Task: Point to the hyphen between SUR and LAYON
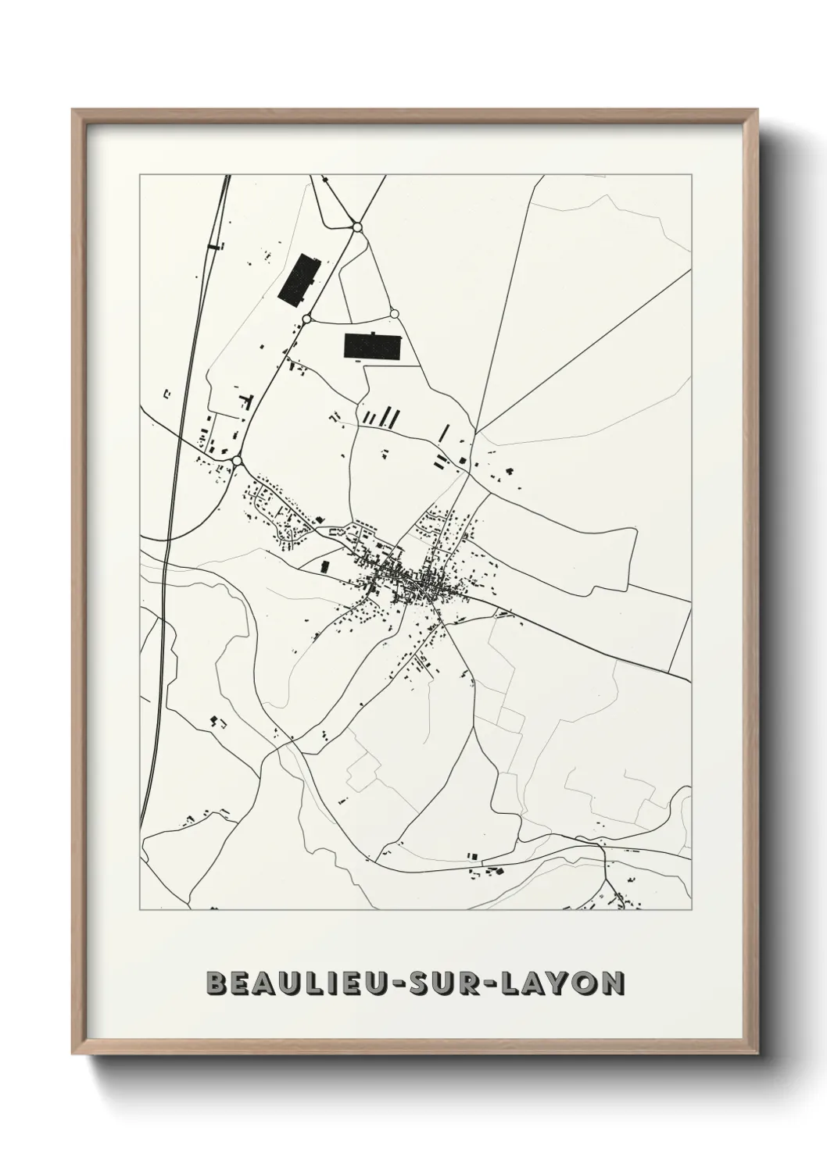[x=499, y=984]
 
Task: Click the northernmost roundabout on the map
[x=357, y=227]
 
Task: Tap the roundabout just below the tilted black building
[x=307, y=319]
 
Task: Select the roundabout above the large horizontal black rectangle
[x=394, y=314]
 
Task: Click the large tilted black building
[x=299, y=277]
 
